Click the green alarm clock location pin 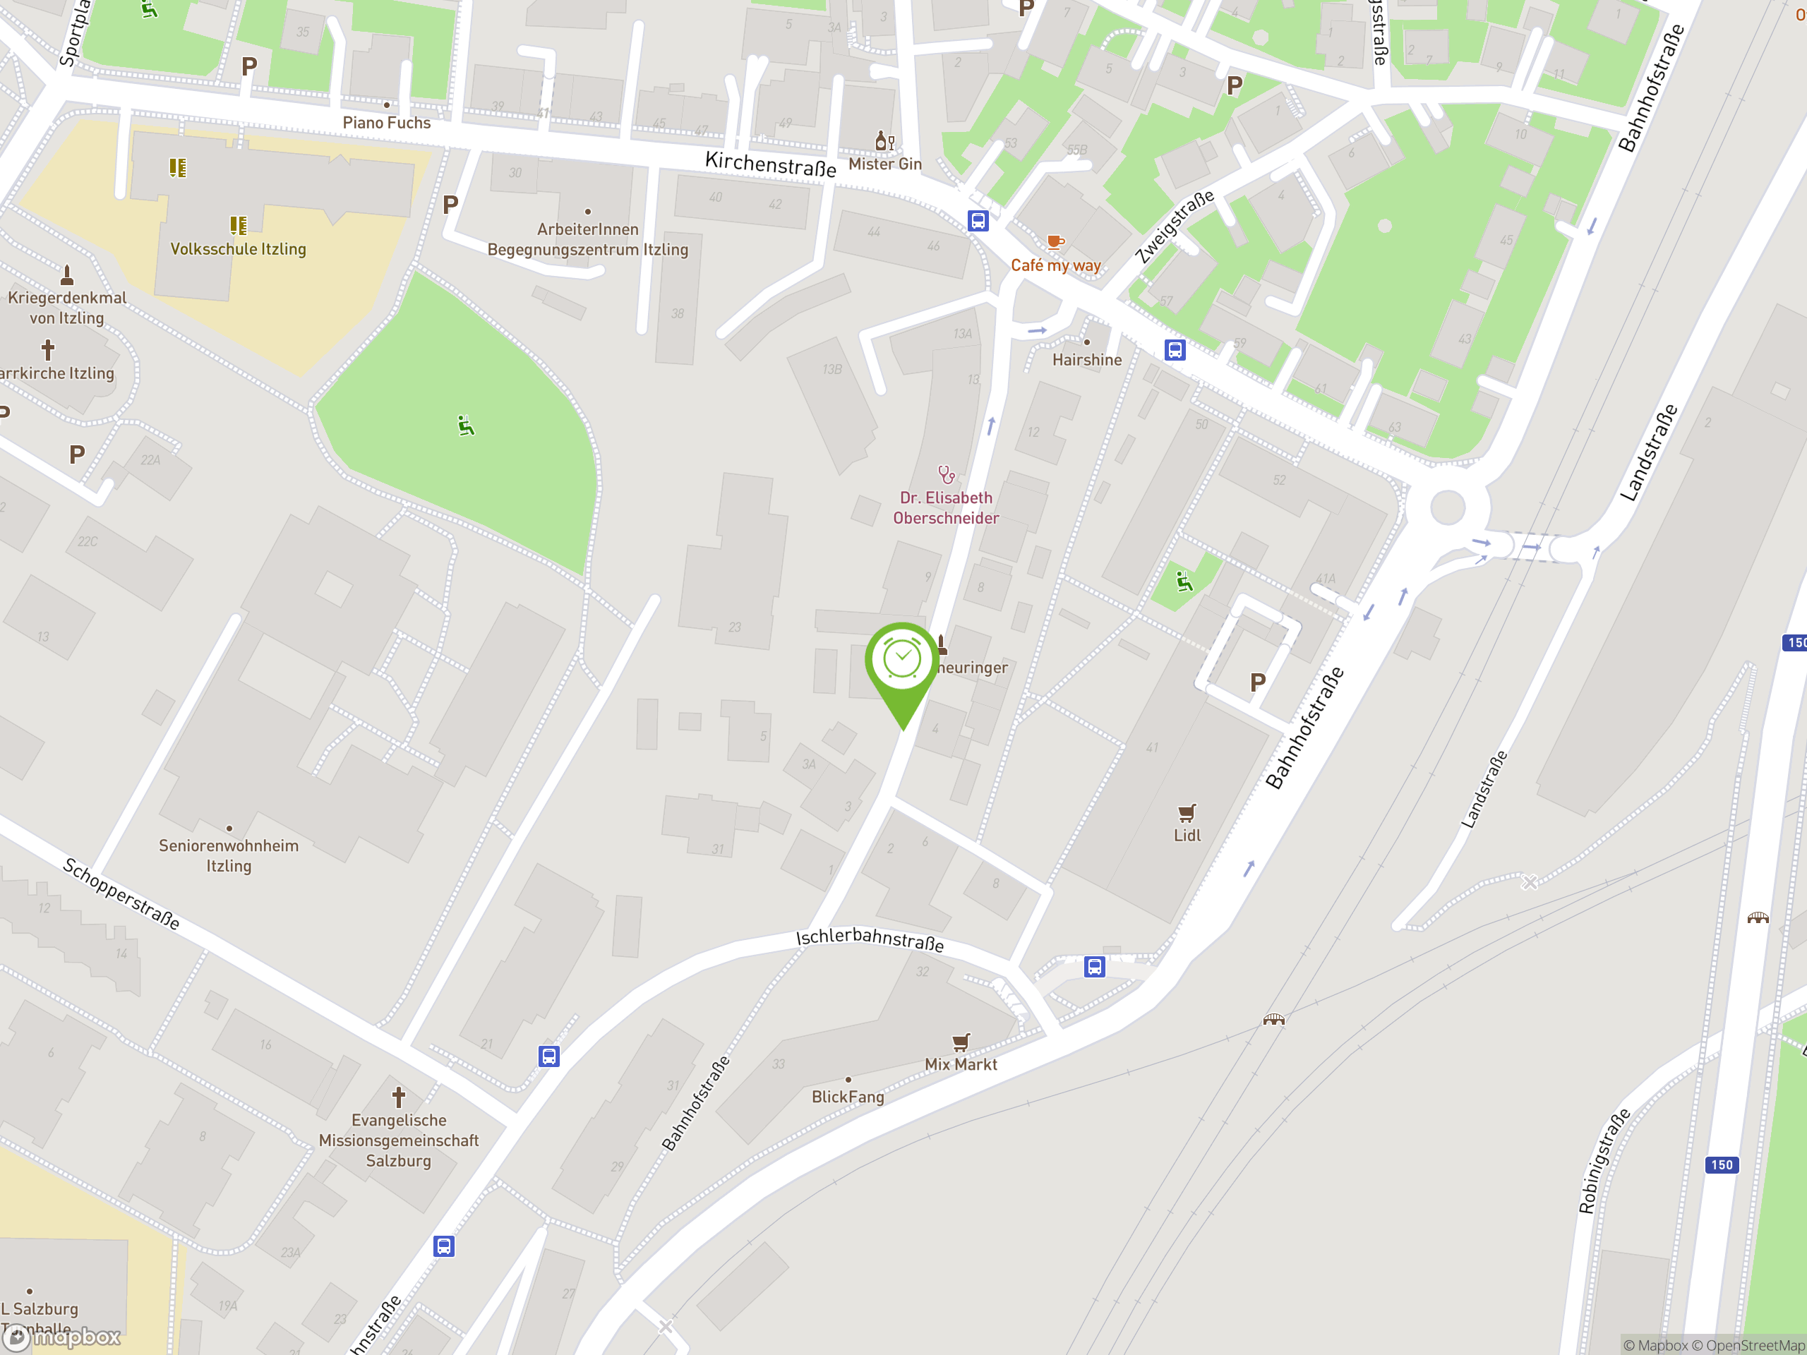(902, 661)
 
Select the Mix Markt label (961, 1064)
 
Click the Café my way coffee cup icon (1055, 242)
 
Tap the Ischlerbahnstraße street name (870, 939)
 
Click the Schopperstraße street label (121, 893)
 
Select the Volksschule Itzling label (238, 249)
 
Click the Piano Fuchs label (386, 123)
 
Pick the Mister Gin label (884, 164)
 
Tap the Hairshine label (1086, 360)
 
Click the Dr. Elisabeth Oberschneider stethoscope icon (946, 474)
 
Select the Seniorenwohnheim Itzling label (229, 855)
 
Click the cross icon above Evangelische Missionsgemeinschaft (399, 1096)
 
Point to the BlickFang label (848, 1097)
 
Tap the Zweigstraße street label (1175, 227)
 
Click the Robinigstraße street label (1604, 1161)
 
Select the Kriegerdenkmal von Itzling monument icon (67, 275)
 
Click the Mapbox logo (62, 1337)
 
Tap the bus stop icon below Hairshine (1175, 350)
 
